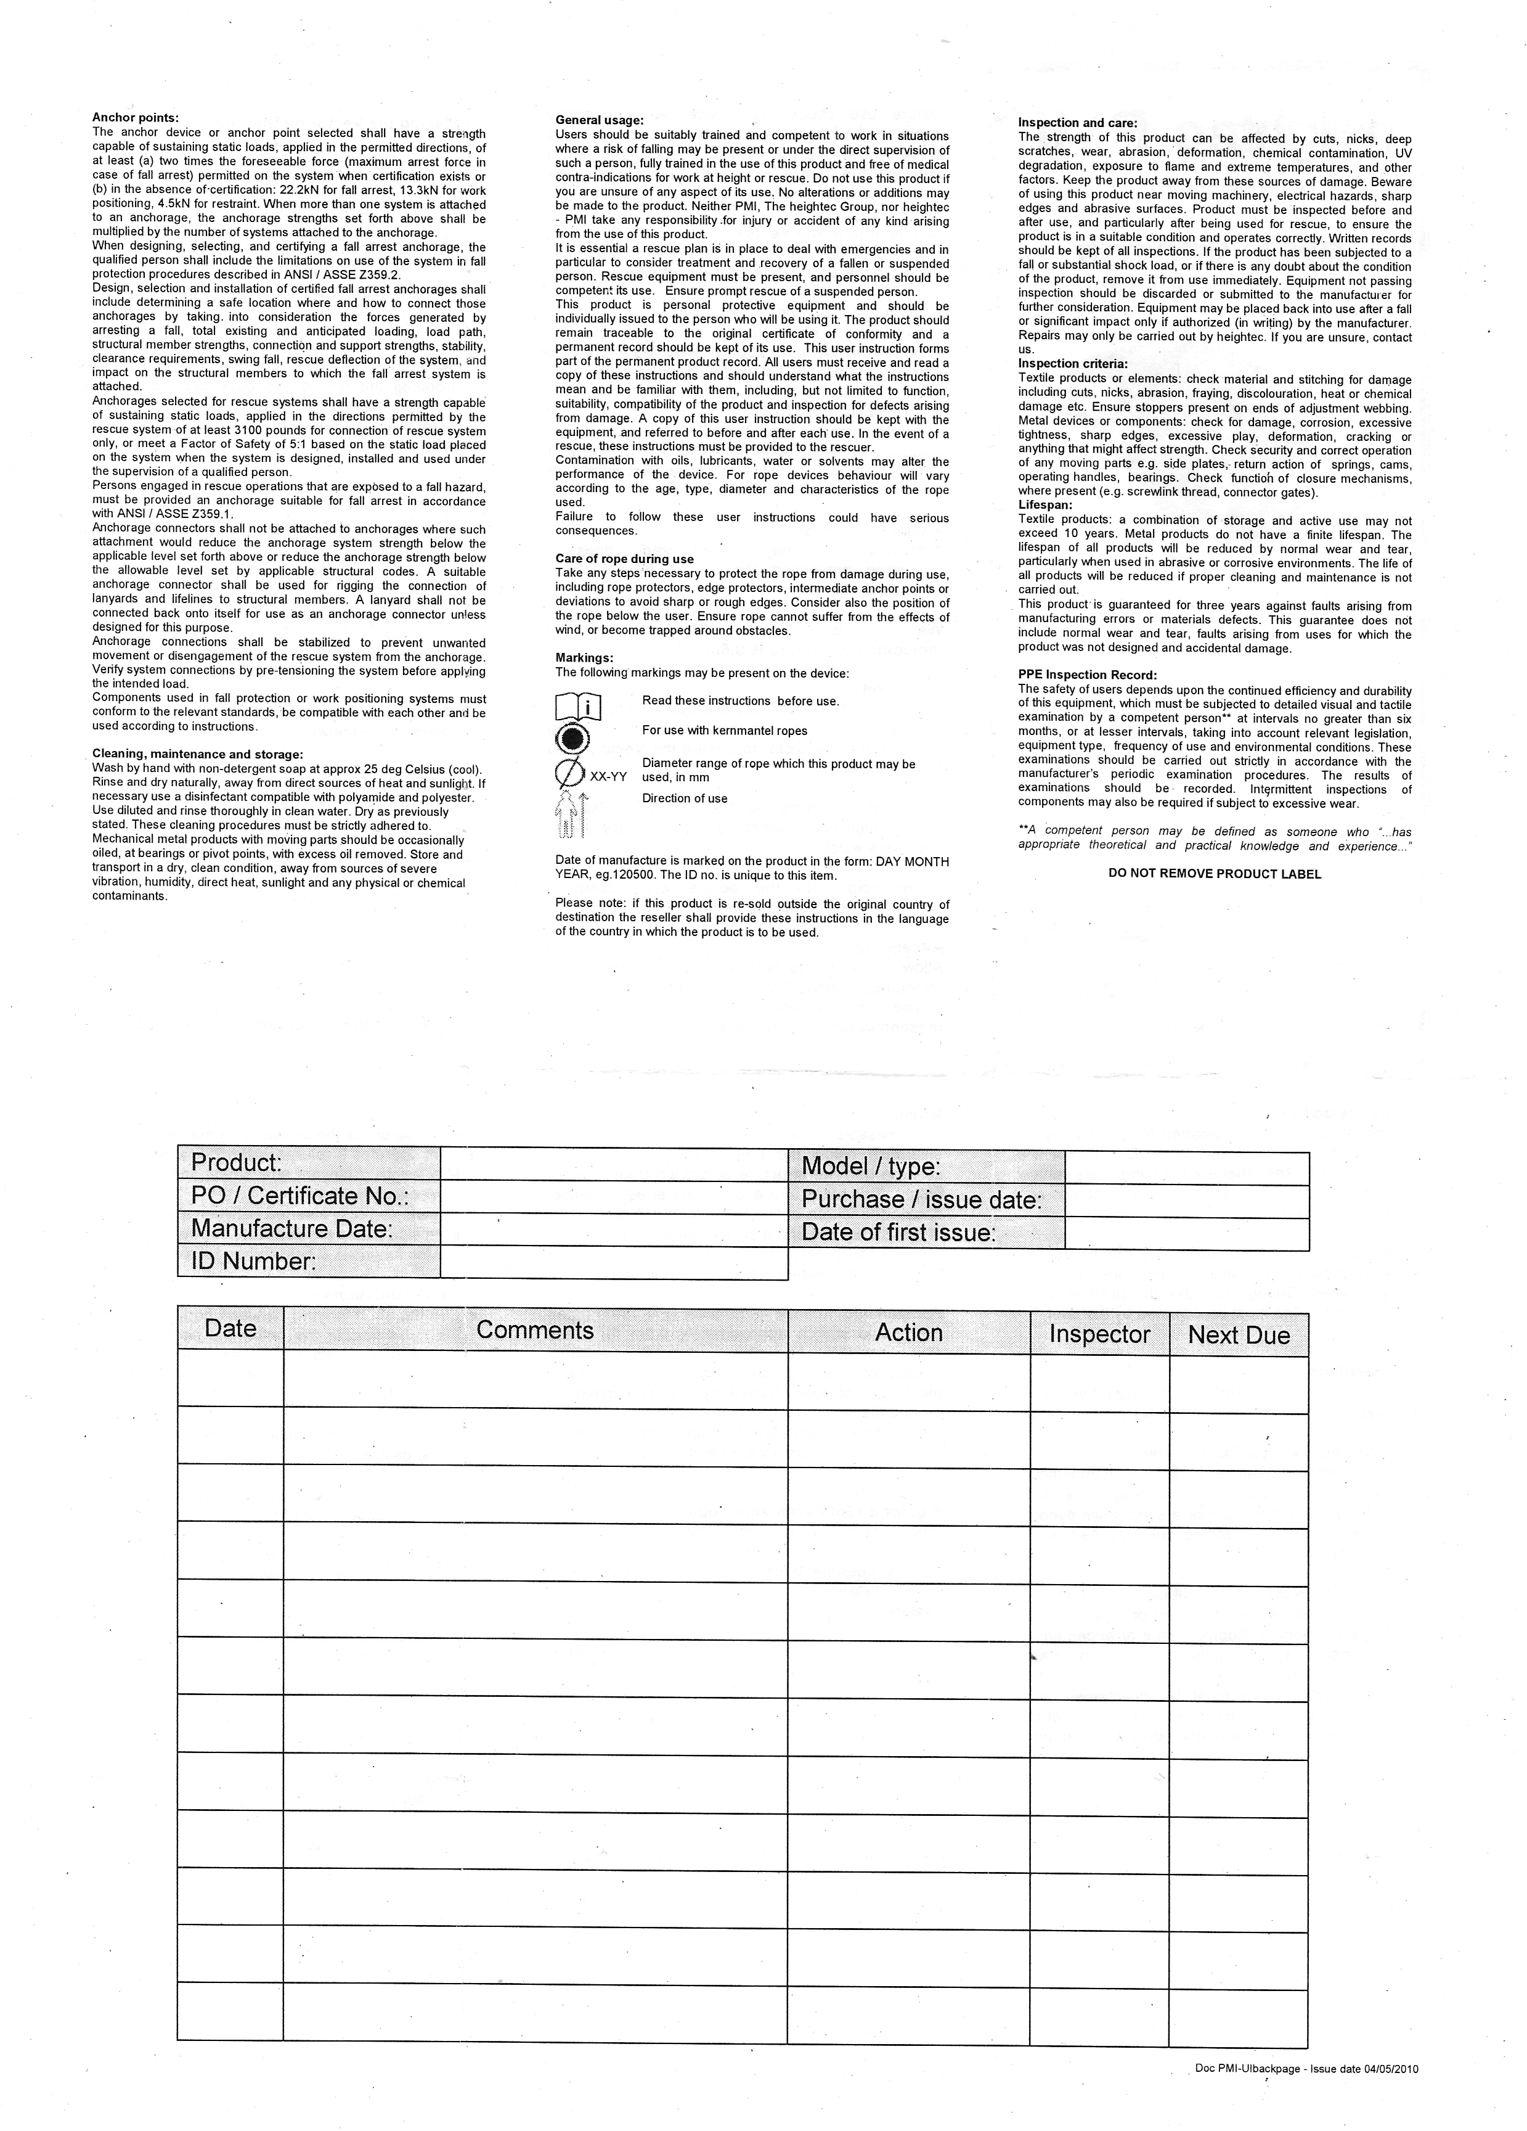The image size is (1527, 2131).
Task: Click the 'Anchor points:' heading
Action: coord(135,117)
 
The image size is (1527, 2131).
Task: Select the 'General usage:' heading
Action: coord(599,120)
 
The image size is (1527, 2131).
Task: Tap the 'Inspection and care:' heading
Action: coord(1077,123)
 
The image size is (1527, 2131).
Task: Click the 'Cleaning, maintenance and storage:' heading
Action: coord(197,753)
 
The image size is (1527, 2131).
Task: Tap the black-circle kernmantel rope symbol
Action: coord(572,739)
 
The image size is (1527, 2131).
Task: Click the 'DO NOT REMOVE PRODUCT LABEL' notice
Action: coord(1215,874)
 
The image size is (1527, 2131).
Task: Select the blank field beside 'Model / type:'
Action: coord(1186,1168)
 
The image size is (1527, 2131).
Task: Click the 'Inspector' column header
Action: coord(1099,1334)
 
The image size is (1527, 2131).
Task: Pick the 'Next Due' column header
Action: coord(1238,1335)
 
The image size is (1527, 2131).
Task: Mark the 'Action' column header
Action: coord(908,1332)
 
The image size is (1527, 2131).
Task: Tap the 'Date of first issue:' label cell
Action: coord(925,1233)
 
